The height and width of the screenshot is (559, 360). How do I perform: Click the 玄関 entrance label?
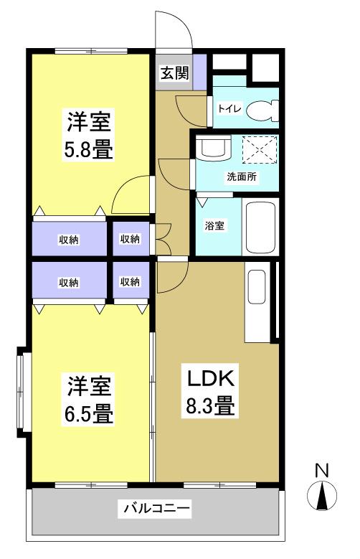(174, 73)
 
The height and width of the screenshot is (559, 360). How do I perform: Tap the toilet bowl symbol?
(262, 111)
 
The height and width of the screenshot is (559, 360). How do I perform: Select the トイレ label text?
(229, 108)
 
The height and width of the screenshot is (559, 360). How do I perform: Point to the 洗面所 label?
(242, 177)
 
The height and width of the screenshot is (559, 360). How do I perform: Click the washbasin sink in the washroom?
(214, 149)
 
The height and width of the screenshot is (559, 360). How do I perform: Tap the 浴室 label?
(214, 225)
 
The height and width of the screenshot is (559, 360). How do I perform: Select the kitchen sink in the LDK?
(257, 286)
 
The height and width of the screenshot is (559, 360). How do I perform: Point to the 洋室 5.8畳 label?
(89, 134)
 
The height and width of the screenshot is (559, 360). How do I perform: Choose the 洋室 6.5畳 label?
(89, 398)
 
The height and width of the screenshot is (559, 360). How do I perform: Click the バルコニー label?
(155, 507)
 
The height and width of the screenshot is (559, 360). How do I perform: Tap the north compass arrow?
(322, 496)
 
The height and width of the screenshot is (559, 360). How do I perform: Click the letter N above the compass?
(322, 471)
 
